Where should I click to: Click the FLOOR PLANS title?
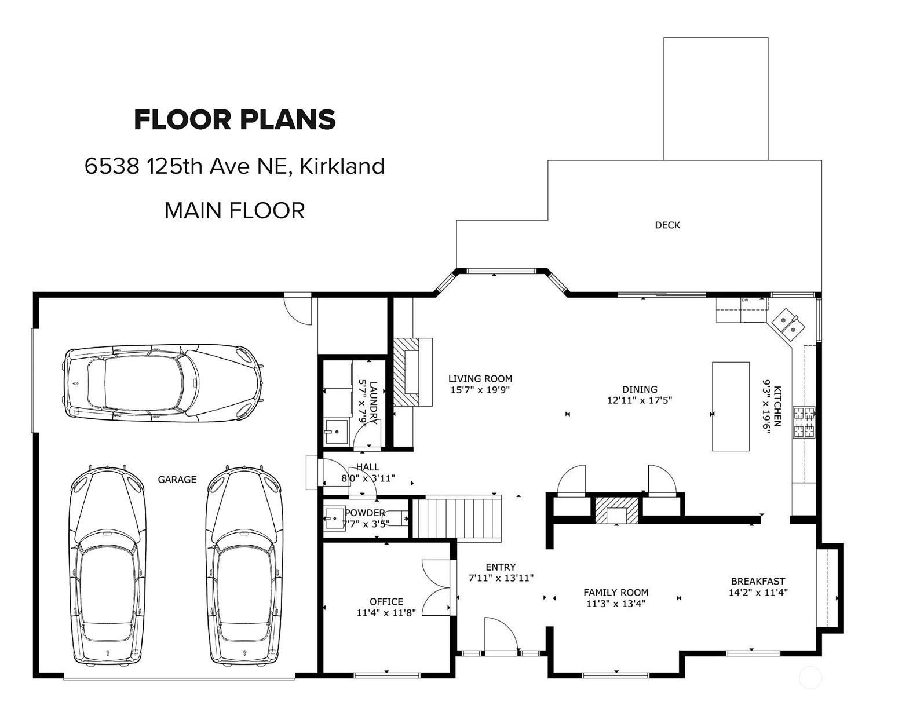click(x=235, y=120)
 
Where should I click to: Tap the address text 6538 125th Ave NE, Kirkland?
click(x=235, y=166)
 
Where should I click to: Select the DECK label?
click(x=667, y=225)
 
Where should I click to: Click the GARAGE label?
click(x=177, y=480)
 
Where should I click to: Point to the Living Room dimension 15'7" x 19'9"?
click(x=480, y=390)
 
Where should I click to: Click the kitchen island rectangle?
click(x=731, y=406)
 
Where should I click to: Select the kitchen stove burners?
click(x=804, y=422)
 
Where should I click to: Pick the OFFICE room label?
click(x=386, y=601)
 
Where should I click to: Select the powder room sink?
click(x=334, y=518)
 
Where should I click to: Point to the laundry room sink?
click(x=337, y=431)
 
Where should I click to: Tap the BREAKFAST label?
click(x=758, y=581)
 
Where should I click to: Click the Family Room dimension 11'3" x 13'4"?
click(x=616, y=604)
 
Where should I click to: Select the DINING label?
click(x=640, y=389)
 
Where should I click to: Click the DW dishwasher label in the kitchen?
click(x=745, y=300)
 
